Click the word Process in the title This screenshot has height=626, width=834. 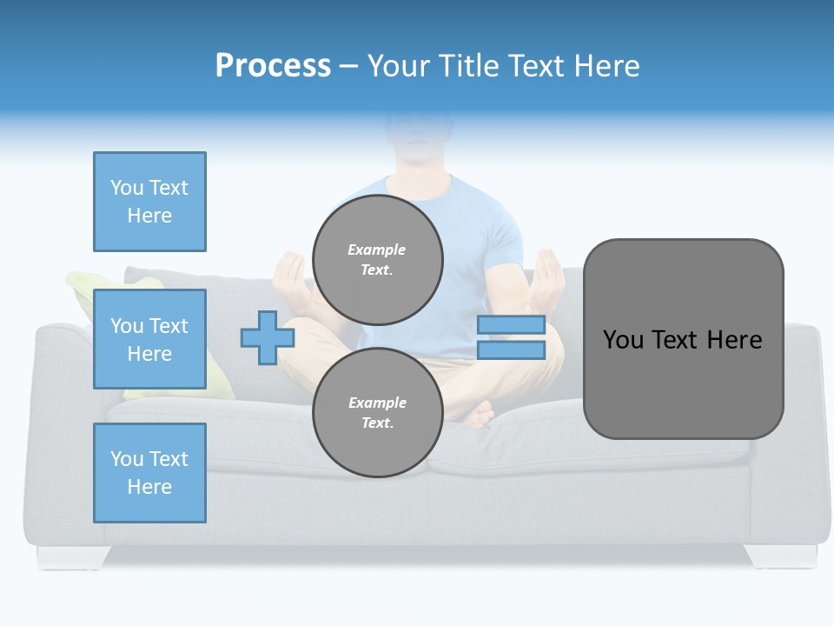[x=273, y=65]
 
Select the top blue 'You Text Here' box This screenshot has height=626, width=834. [x=149, y=202]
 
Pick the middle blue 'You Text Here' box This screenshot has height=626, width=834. [x=149, y=339]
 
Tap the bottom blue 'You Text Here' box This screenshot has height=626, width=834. [x=149, y=473]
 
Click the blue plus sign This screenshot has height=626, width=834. [x=268, y=337]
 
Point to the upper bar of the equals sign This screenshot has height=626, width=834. [x=511, y=325]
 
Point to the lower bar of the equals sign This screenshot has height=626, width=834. [x=511, y=350]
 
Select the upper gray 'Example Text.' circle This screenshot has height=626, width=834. [x=377, y=260]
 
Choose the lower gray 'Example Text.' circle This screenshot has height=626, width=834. [x=377, y=413]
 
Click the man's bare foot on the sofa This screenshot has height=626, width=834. [x=479, y=413]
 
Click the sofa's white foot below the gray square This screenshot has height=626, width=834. [x=780, y=556]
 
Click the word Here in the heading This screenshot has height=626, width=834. [x=606, y=65]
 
